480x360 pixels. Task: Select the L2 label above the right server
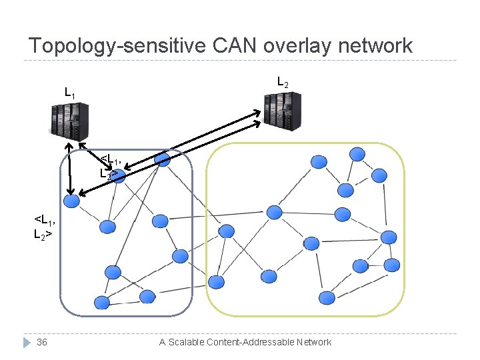click(283, 83)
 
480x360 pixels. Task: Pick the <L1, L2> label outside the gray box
click(44, 227)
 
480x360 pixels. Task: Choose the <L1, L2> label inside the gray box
click(111, 165)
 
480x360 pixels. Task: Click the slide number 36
click(42, 342)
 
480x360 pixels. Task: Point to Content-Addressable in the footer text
click(253, 342)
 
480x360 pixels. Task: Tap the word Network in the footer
click(314, 342)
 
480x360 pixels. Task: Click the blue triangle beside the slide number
click(26, 342)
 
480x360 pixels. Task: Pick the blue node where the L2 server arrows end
click(161, 159)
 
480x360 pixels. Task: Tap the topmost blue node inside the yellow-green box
click(357, 154)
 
